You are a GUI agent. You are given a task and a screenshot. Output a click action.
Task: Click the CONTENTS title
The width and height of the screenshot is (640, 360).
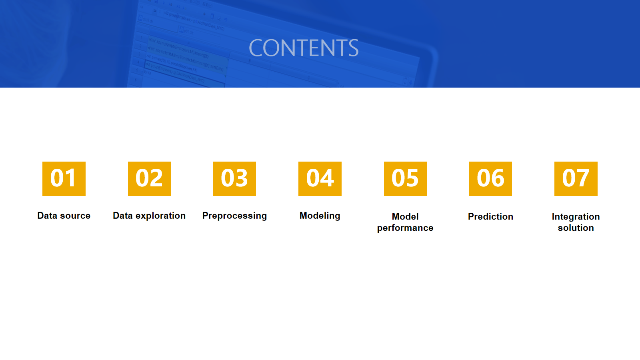click(304, 48)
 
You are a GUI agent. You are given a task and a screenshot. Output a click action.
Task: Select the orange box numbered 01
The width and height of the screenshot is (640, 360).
click(64, 179)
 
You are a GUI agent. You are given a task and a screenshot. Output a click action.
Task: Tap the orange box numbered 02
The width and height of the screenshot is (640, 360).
click(150, 179)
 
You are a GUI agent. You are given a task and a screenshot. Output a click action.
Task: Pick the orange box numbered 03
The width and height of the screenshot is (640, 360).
click(234, 179)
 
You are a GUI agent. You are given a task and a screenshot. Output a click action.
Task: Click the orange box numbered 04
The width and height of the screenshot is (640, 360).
click(320, 179)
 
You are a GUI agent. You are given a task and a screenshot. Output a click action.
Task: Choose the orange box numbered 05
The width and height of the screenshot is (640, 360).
click(405, 179)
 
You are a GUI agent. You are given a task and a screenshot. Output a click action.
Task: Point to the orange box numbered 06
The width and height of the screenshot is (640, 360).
click(490, 179)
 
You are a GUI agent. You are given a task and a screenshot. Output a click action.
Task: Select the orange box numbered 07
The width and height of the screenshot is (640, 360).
click(576, 179)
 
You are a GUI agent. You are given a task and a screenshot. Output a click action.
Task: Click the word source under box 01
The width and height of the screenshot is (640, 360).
click(75, 216)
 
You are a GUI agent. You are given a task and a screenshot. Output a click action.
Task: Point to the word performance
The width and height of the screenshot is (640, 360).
click(405, 228)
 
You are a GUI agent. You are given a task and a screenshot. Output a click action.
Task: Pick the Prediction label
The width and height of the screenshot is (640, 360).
click(490, 216)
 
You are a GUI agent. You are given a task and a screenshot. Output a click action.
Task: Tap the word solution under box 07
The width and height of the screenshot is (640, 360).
click(576, 228)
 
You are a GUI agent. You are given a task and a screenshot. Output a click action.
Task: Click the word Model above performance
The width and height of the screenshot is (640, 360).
click(405, 216)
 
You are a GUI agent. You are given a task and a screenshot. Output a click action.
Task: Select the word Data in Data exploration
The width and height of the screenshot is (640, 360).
click(123, 216)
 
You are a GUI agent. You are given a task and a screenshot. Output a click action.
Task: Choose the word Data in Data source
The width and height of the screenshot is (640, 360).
click(47, 216)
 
